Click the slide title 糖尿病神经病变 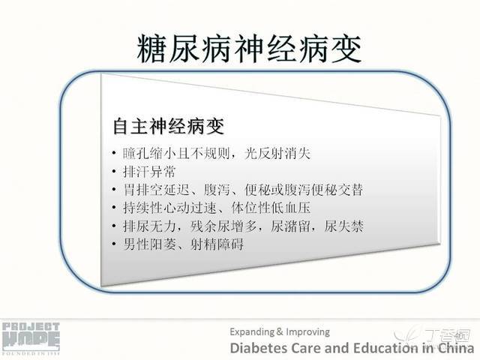click(249, 49)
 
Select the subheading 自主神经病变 click(169, 126)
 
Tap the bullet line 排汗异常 click(149, 172)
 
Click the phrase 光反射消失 click(277, 153)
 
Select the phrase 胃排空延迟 click(156, 190)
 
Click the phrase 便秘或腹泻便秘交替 click(304, 190)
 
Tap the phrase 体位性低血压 click(271, 208)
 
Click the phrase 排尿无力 click(149, 226)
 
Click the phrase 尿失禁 click(343, 226)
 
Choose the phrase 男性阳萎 click(149, 244)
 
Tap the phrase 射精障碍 click(217, 244)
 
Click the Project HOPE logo click(31, 338)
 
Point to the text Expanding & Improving click(280, 331)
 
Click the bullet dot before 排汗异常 click(114, 172)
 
